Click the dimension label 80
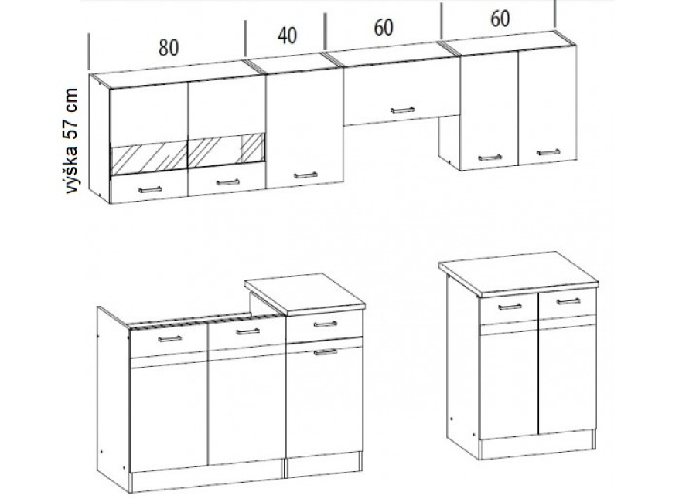pos(169,47)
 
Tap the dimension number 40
pos(287,36)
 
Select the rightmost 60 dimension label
pos(500,19)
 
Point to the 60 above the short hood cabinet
pos(384,28)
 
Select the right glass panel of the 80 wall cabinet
pos(227,151)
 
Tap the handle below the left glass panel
pos(151,190)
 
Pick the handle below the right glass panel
pos(227,182)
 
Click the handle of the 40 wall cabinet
pos(305,175)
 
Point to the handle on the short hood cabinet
pos(403,110)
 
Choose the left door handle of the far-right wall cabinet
pos(490,158)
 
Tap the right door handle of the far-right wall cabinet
pos(548,153)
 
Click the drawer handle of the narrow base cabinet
pos(326,324)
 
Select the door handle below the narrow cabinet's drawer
pos(326,352)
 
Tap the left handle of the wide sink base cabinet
pos(170,339)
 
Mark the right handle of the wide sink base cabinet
pos(247,331)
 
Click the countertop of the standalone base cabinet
pos(518,273)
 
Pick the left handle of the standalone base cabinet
pos(510,307)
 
